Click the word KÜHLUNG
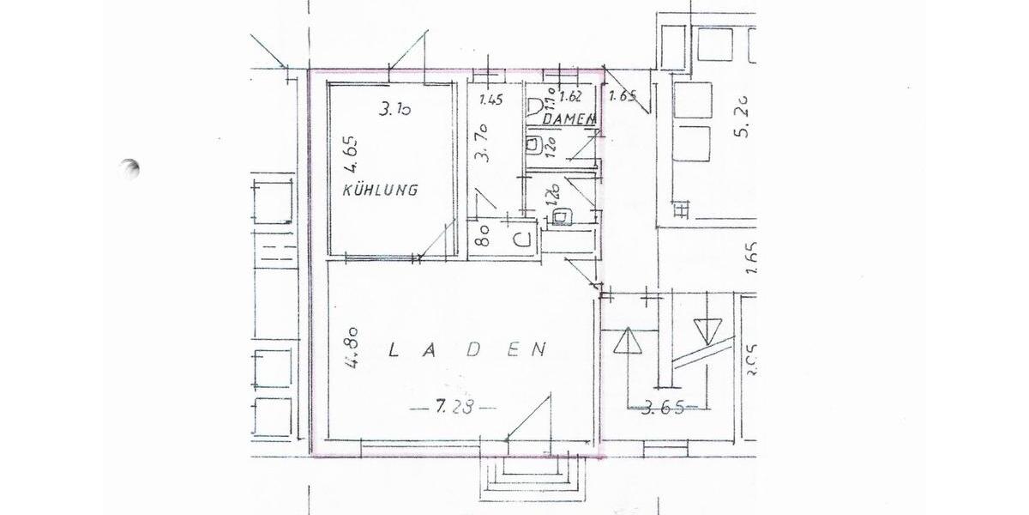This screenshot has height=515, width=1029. click(x=380, y=190)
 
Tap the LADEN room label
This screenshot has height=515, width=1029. click(x=467, y=349)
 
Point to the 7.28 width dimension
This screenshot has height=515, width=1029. click(x=452, y=407)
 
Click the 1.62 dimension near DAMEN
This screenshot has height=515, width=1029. click(x=570, y=97)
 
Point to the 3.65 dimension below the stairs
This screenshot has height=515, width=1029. click(x=662, y=408)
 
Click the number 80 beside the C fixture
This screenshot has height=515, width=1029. click(x=482, y=235)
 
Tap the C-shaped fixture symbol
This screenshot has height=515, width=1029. click(x=520, y=239)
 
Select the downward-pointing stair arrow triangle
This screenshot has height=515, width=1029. click(x=709, y=330)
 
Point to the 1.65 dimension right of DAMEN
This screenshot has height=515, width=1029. click(x=622, y=96)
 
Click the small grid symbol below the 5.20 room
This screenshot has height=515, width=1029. click(x=682, y=209)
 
